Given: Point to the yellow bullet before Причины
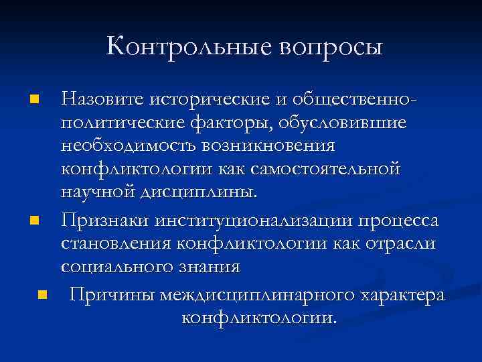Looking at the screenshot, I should point(43,294).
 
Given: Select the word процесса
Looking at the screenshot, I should point(394,219).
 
